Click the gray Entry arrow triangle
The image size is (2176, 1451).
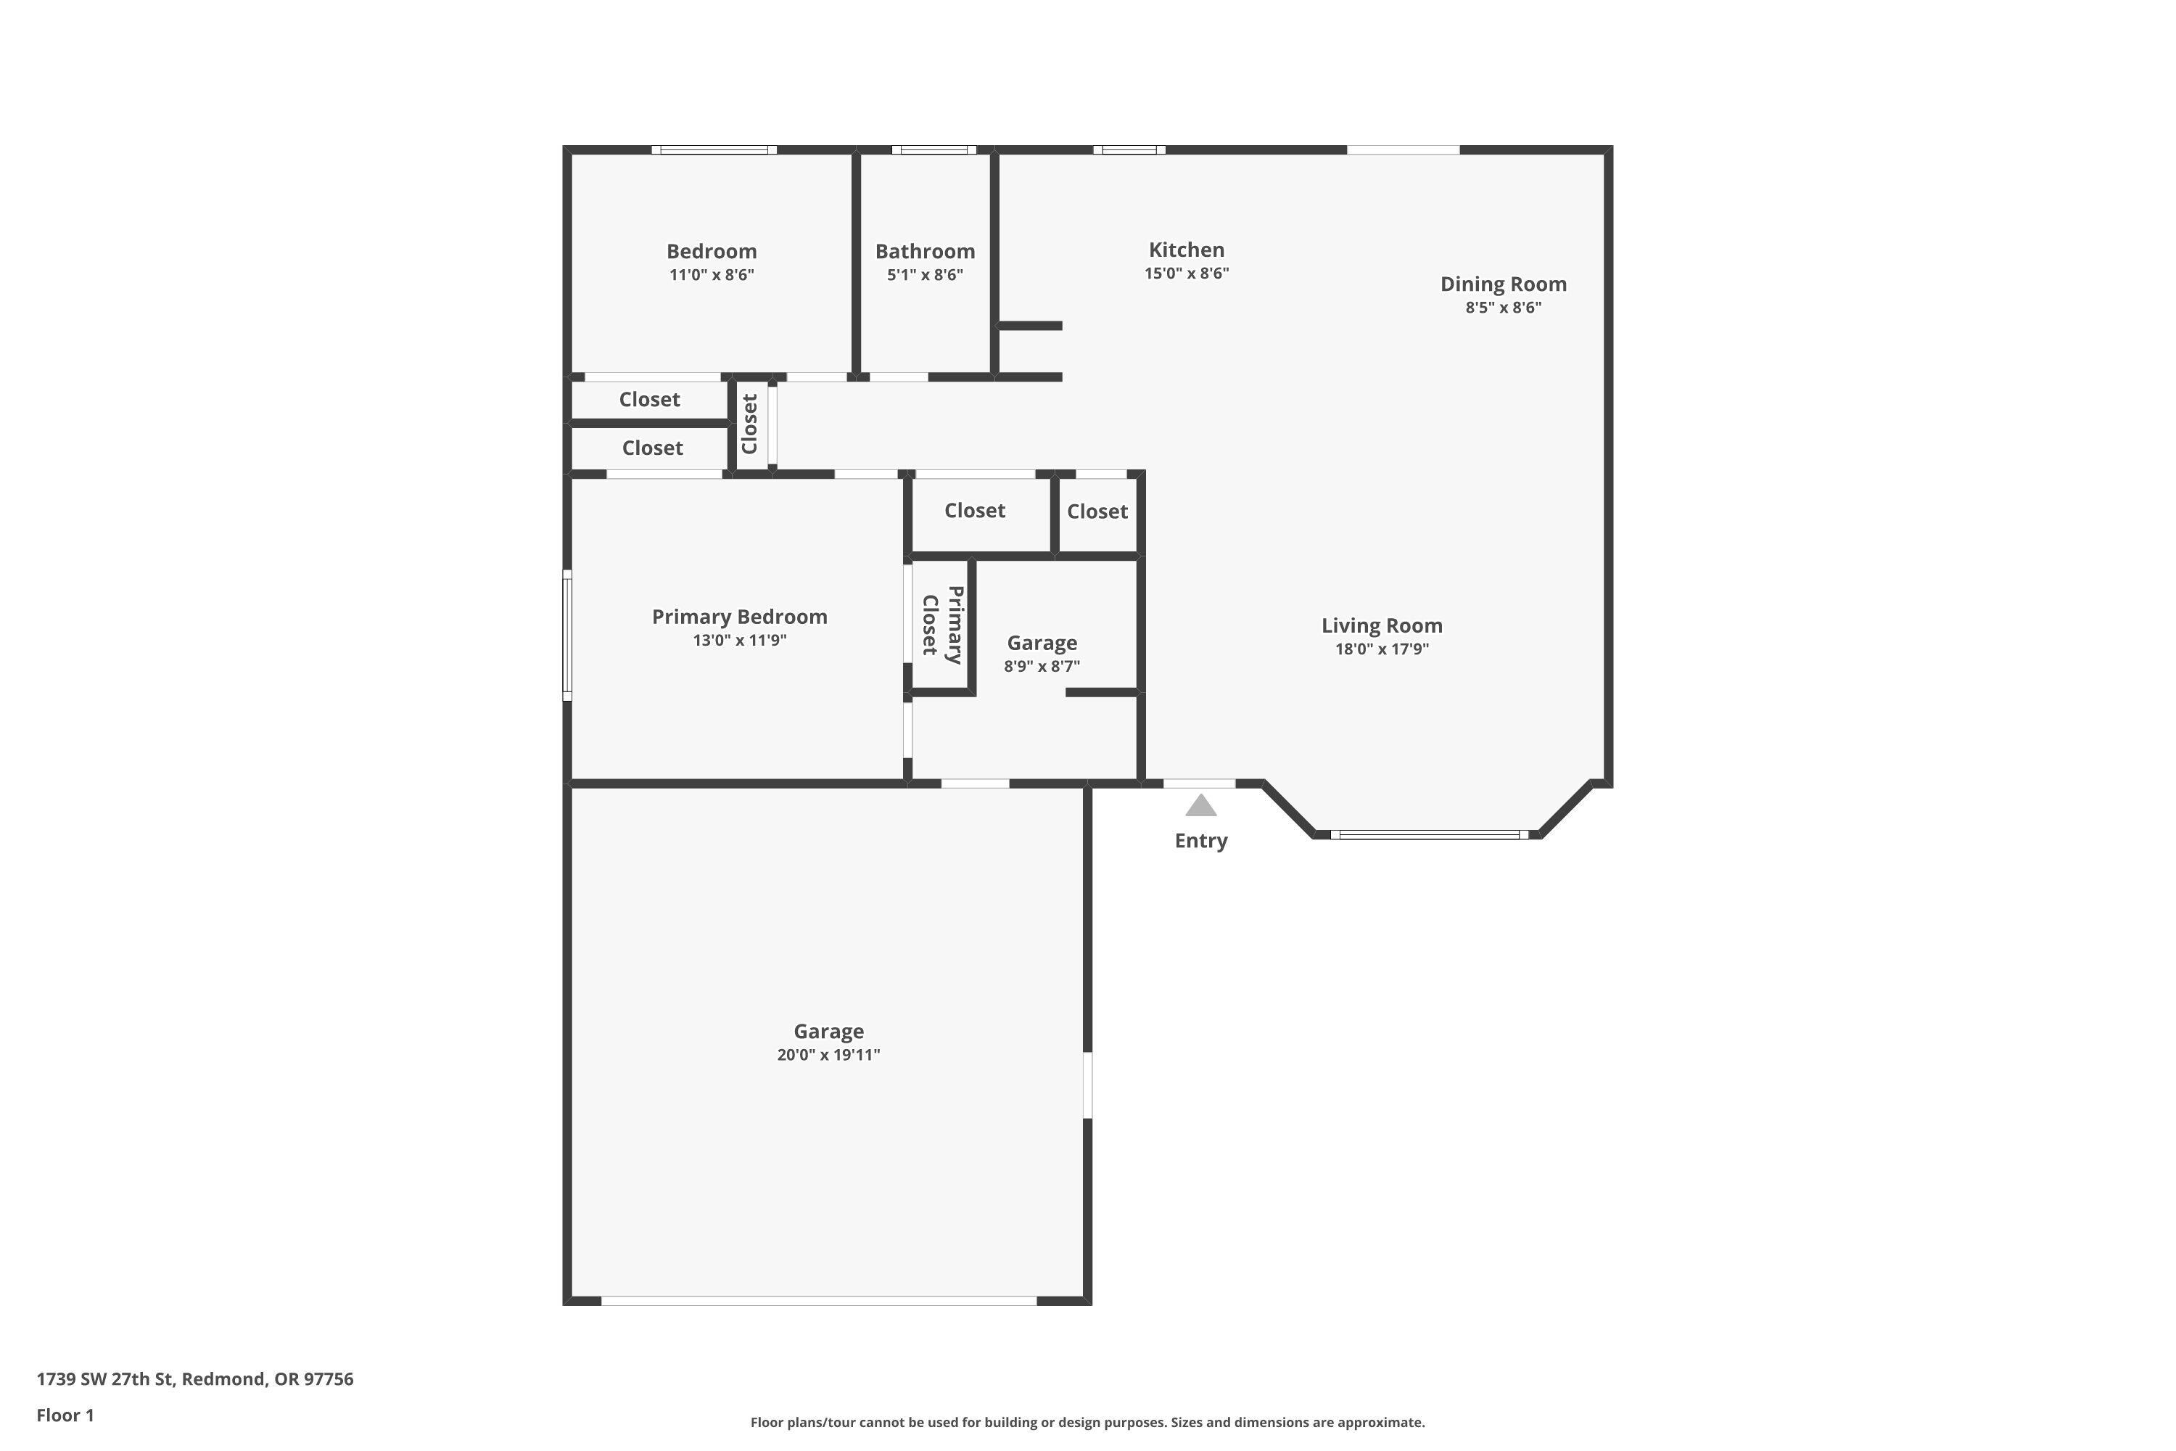[1201, 807]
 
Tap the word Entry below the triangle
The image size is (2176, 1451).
[1201, 841]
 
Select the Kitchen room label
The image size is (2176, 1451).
[1186, 250]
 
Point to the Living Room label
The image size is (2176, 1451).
[1381, 625]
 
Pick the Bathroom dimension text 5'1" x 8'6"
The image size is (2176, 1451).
[924, 275]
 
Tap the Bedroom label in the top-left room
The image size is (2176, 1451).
[712, 252]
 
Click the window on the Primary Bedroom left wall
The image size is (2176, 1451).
[567, 635]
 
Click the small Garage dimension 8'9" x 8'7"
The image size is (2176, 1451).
[1042, 666]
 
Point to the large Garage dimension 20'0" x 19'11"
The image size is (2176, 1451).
[828, 1055]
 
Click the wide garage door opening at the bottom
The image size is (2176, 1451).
[819, 1301]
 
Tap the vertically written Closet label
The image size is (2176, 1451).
[749, 424]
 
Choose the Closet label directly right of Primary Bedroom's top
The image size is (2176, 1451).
[974, 511]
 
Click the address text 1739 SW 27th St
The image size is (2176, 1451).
[194, 1379]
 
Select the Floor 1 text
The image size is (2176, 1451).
[65, 1415]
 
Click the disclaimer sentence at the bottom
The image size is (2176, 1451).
[1087, 1422]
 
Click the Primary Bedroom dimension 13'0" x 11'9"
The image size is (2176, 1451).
[739, 641]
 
